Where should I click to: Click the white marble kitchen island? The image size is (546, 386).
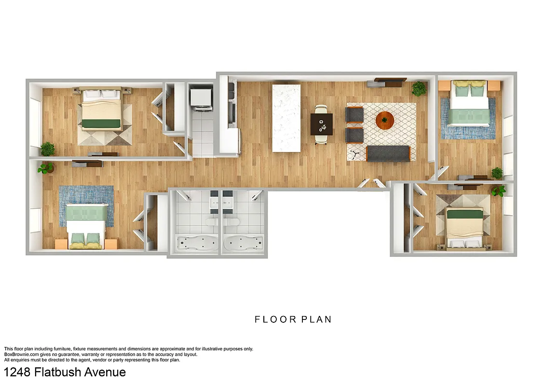click(286, 118)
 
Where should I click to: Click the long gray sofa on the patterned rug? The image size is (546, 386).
click(388, 153)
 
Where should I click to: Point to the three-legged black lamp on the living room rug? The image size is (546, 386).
click(355, 154)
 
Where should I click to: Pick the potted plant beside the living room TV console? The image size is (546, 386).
click(419, 89)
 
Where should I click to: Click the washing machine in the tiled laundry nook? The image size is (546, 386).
click(200, 98)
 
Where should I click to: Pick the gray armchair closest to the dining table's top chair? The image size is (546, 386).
click(355, 114)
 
